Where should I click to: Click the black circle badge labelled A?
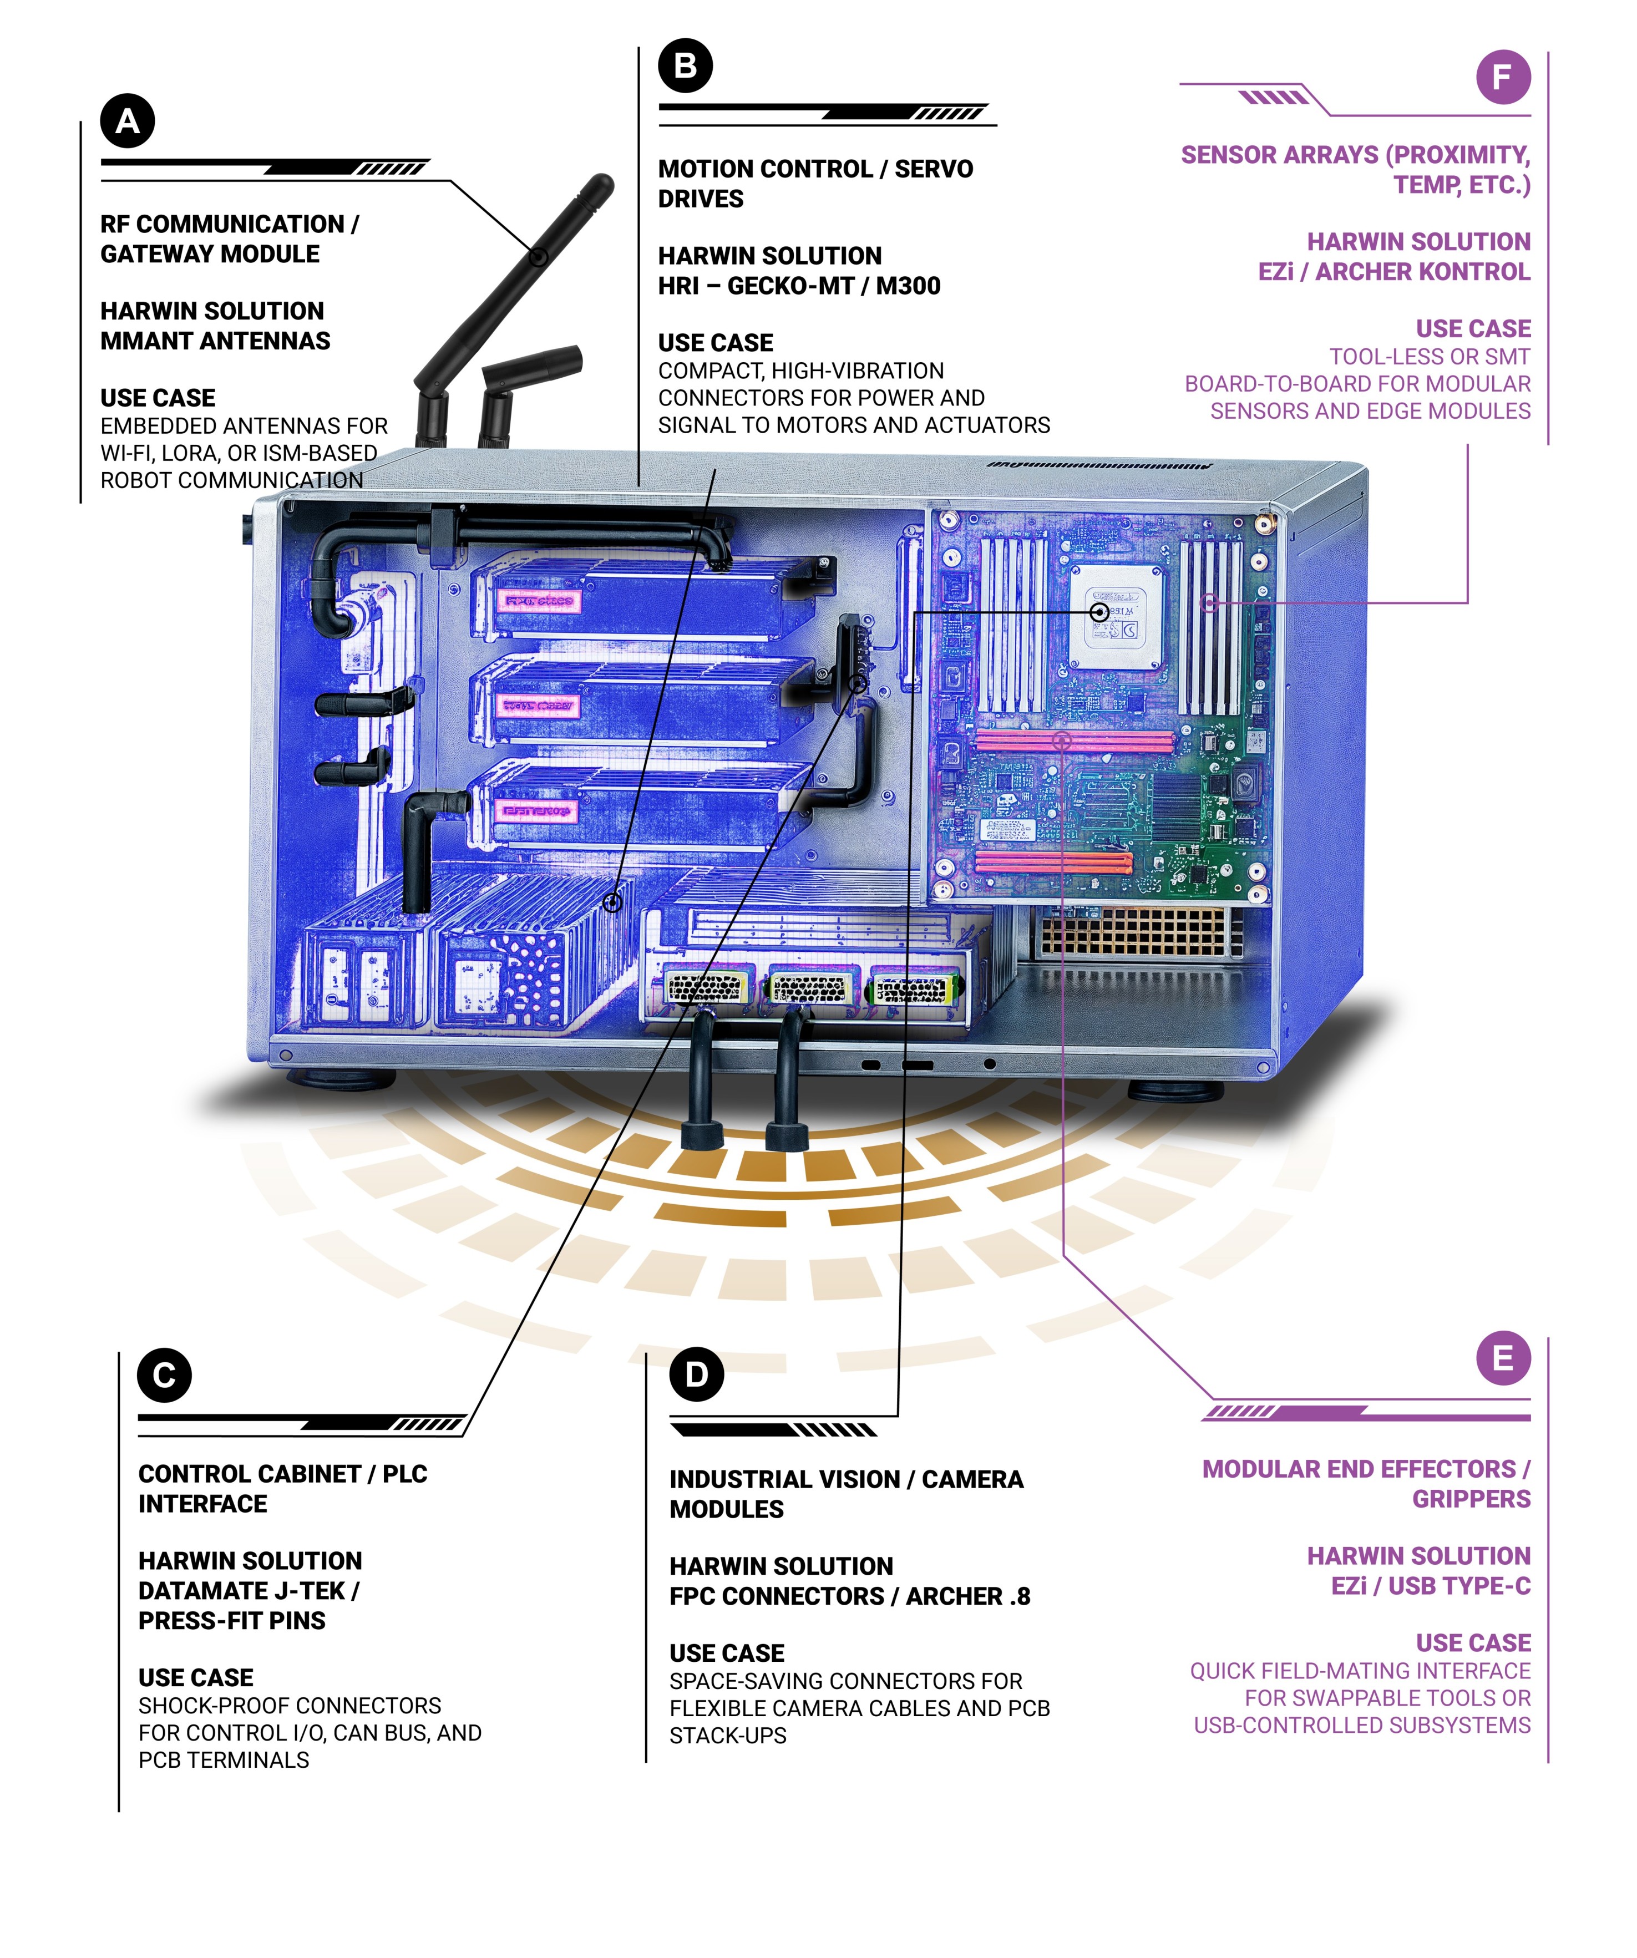(x=128, y=121)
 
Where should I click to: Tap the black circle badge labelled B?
(x=685, y=65)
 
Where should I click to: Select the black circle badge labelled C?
(x=164, y=1375)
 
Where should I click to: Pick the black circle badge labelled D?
(x=696, y=1374)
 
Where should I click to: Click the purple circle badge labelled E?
(x=1503, y=1358)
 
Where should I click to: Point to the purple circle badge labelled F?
(x=1503, y=77)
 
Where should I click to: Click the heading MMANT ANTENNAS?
(x=215, y=341)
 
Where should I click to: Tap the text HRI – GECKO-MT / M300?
(x=799, y=286)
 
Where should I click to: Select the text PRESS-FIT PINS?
(x=232, y=1620)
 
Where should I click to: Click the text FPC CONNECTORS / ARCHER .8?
(x=849, y=1596)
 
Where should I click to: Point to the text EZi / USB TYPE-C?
(x=1430, y=1586)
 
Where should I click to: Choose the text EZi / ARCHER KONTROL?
(x=1393, y=272)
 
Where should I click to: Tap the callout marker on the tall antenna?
(x=538, y=256)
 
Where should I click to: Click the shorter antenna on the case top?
(x=522, y=387)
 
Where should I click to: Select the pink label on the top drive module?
(x=539, y=601)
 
